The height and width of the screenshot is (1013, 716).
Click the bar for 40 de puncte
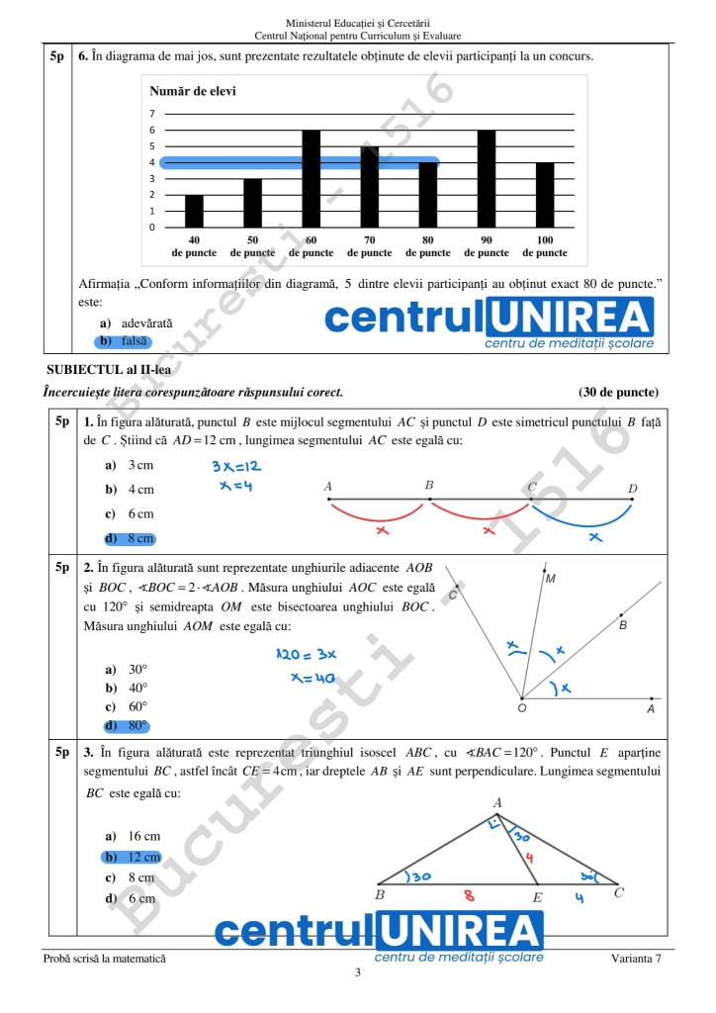coord(194,211)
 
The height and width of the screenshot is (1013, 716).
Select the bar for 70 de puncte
coord(369,187)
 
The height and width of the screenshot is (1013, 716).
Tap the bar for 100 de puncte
coord(544,195)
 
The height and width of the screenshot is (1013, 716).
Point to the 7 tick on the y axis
coord(152,114)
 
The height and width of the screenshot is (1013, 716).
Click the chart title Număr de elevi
coord(193,91)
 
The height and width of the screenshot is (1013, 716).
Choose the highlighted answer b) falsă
coord(124,341)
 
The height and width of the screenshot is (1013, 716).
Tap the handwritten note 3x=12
coord(235,466)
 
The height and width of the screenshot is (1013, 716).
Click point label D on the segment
coord(633,488)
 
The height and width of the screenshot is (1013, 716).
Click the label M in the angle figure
coord(550,579)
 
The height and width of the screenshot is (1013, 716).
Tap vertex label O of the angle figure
coord(521,708)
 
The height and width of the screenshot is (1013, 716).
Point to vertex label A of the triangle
coord(497,803)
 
